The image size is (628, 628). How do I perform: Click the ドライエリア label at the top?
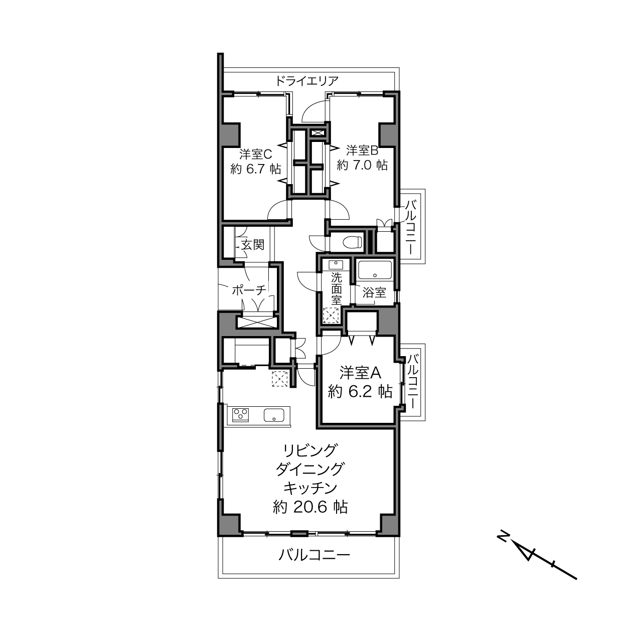click(x=307, y=80)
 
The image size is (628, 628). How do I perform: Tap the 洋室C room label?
click(x=255, y=154)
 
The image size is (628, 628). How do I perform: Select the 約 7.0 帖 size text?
click(x=362, y=165)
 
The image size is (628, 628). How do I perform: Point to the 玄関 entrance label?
click(x=253, y=244)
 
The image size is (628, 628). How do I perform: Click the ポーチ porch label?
click(x=249, y=290)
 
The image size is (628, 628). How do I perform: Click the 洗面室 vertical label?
click(x=337, y=289)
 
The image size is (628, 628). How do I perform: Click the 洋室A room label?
click(x=360, y=373)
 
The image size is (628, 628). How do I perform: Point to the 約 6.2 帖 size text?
click(x=360, y=391)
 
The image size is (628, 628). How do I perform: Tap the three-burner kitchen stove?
click(x=240, y=415)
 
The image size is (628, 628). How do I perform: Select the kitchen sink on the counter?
click(x=274, y=415)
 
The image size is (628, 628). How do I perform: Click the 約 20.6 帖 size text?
click(x=310, y=507)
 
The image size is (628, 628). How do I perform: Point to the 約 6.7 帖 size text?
click(x=255, y=169)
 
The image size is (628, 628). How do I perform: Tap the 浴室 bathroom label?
click(x=375, y=292)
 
